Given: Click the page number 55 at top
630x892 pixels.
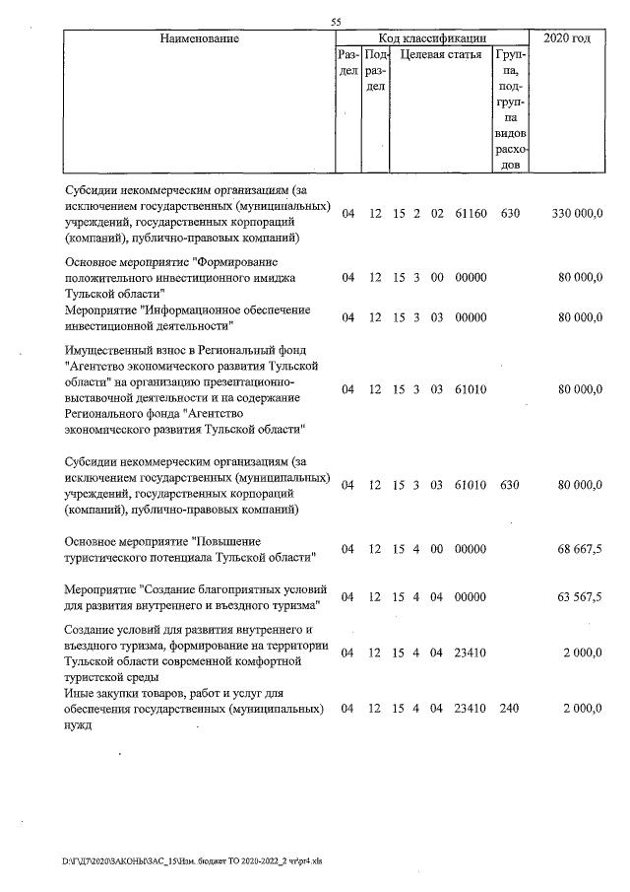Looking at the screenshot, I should coord(336,23).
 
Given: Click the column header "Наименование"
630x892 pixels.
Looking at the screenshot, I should coord(196,38).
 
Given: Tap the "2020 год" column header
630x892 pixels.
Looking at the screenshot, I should coord(573,38).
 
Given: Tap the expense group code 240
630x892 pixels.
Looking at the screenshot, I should coord(509,709).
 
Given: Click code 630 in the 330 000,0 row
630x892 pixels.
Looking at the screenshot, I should coord(509,214).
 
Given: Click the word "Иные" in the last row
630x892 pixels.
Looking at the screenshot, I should coord(80,693).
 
